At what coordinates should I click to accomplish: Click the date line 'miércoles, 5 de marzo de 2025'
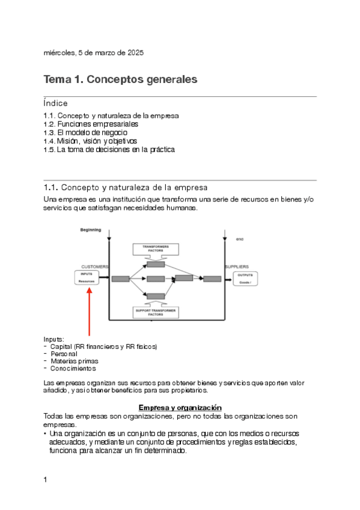93,53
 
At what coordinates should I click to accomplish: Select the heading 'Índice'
56,103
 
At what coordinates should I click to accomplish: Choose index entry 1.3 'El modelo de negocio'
85,132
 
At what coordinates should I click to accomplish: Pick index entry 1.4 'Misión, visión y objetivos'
90,141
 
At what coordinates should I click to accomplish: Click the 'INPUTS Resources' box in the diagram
87,277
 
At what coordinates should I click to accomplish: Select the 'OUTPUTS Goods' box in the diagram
246,278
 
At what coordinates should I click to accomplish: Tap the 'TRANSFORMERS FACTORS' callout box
156,249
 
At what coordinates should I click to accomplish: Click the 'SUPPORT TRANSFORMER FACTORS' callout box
156,312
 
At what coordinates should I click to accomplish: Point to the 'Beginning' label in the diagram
91,230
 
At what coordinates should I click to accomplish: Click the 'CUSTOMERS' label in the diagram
95,266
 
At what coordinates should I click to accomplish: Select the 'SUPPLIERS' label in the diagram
237,266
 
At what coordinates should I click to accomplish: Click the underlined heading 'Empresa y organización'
180,407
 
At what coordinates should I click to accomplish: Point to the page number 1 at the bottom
46,479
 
